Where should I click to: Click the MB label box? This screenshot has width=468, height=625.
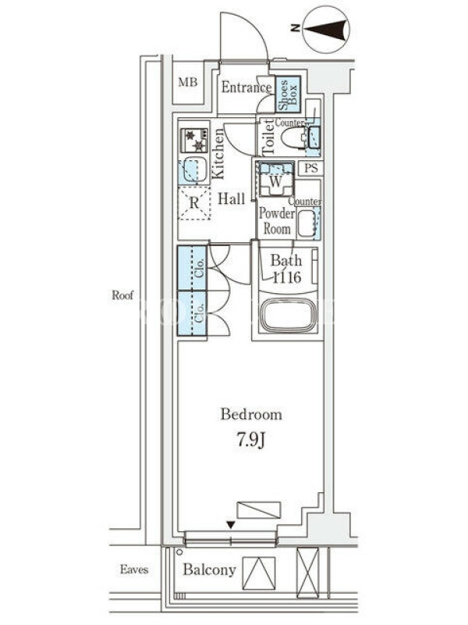point(188,83)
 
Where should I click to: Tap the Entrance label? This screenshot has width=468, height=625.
point(246,87)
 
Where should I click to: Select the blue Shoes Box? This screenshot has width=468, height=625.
point(288,95)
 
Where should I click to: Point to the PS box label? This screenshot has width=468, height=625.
point(311,168)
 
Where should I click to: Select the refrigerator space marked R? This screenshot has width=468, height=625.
point(193,203)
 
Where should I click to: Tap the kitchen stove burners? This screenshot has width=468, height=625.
point(194,140)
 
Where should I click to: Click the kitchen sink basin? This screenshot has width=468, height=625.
point(193,170)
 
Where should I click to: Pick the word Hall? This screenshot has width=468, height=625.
point(231,198)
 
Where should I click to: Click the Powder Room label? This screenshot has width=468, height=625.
point(277,221)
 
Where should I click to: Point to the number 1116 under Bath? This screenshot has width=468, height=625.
point(286,277)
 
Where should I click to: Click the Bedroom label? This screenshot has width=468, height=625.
point(251,415)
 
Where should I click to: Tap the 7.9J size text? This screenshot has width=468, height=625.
point(251,441)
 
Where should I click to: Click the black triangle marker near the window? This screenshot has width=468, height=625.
point(230,525)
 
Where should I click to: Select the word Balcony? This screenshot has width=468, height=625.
point(209,570)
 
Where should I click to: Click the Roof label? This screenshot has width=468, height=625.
point(122,295)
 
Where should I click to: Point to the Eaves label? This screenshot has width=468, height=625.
point(134,570)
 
